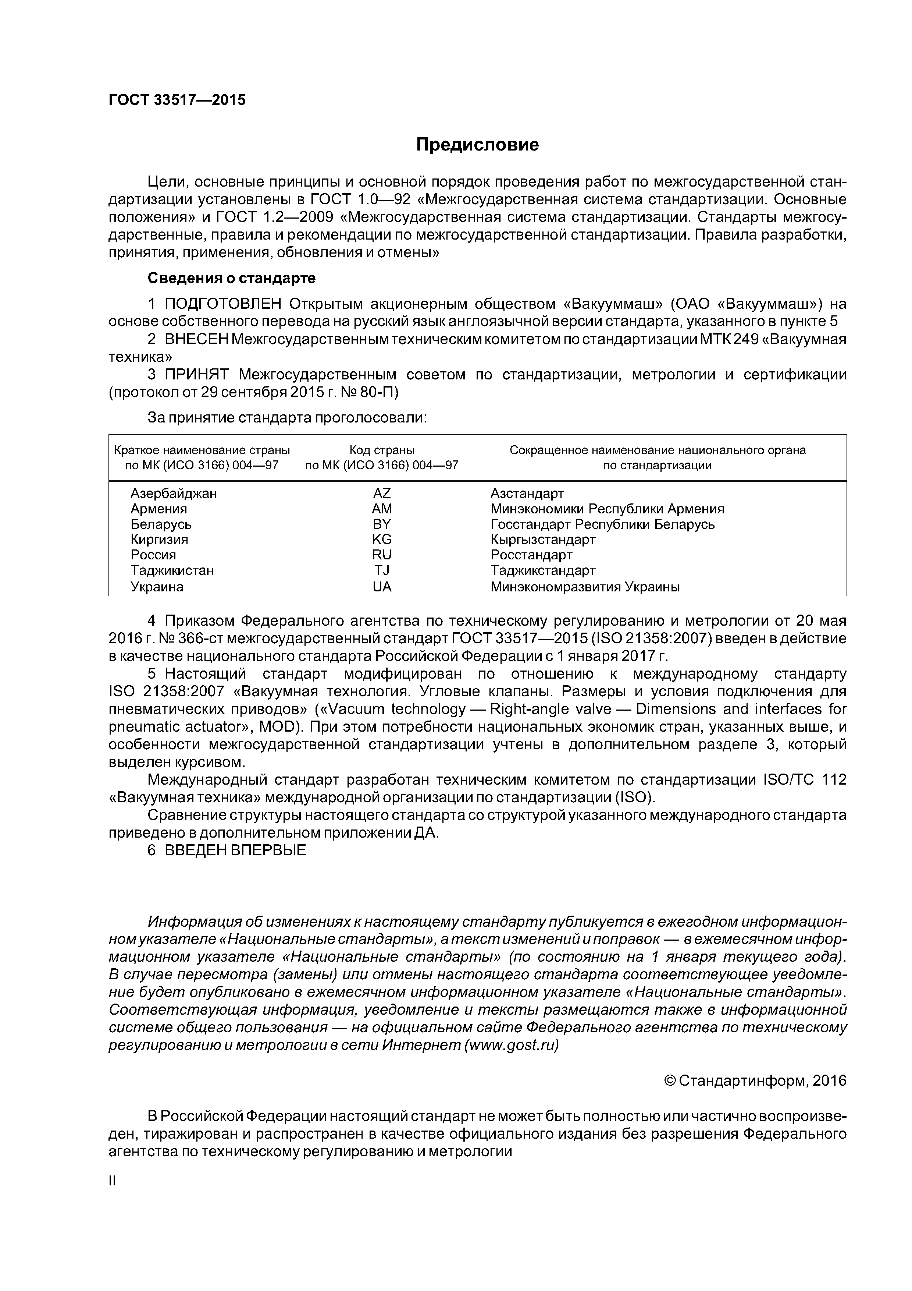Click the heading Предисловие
pos(477,145)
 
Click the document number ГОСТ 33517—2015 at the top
pos(177,100)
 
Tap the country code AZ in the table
pos(382,494)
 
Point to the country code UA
pos(382,587)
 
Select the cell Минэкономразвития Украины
pos(585,587)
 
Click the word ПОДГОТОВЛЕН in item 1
pos(222,304)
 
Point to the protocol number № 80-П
pos(370,392)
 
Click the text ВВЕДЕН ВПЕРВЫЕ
pos(235,850)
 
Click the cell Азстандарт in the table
pos(527,494)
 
